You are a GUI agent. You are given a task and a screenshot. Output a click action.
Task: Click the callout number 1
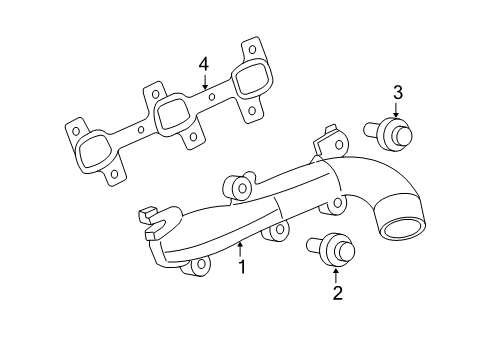tap(241, 267)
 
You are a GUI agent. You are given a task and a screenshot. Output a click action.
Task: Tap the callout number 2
tap(337, 292)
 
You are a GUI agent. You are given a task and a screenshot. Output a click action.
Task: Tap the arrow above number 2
tap(337, 272)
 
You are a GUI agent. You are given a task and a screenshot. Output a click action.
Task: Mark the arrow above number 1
tap(241, 248)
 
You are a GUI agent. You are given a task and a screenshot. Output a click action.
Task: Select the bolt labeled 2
tap(329, 245)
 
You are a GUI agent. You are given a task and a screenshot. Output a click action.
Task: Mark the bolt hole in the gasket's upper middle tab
tap(155, 90)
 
